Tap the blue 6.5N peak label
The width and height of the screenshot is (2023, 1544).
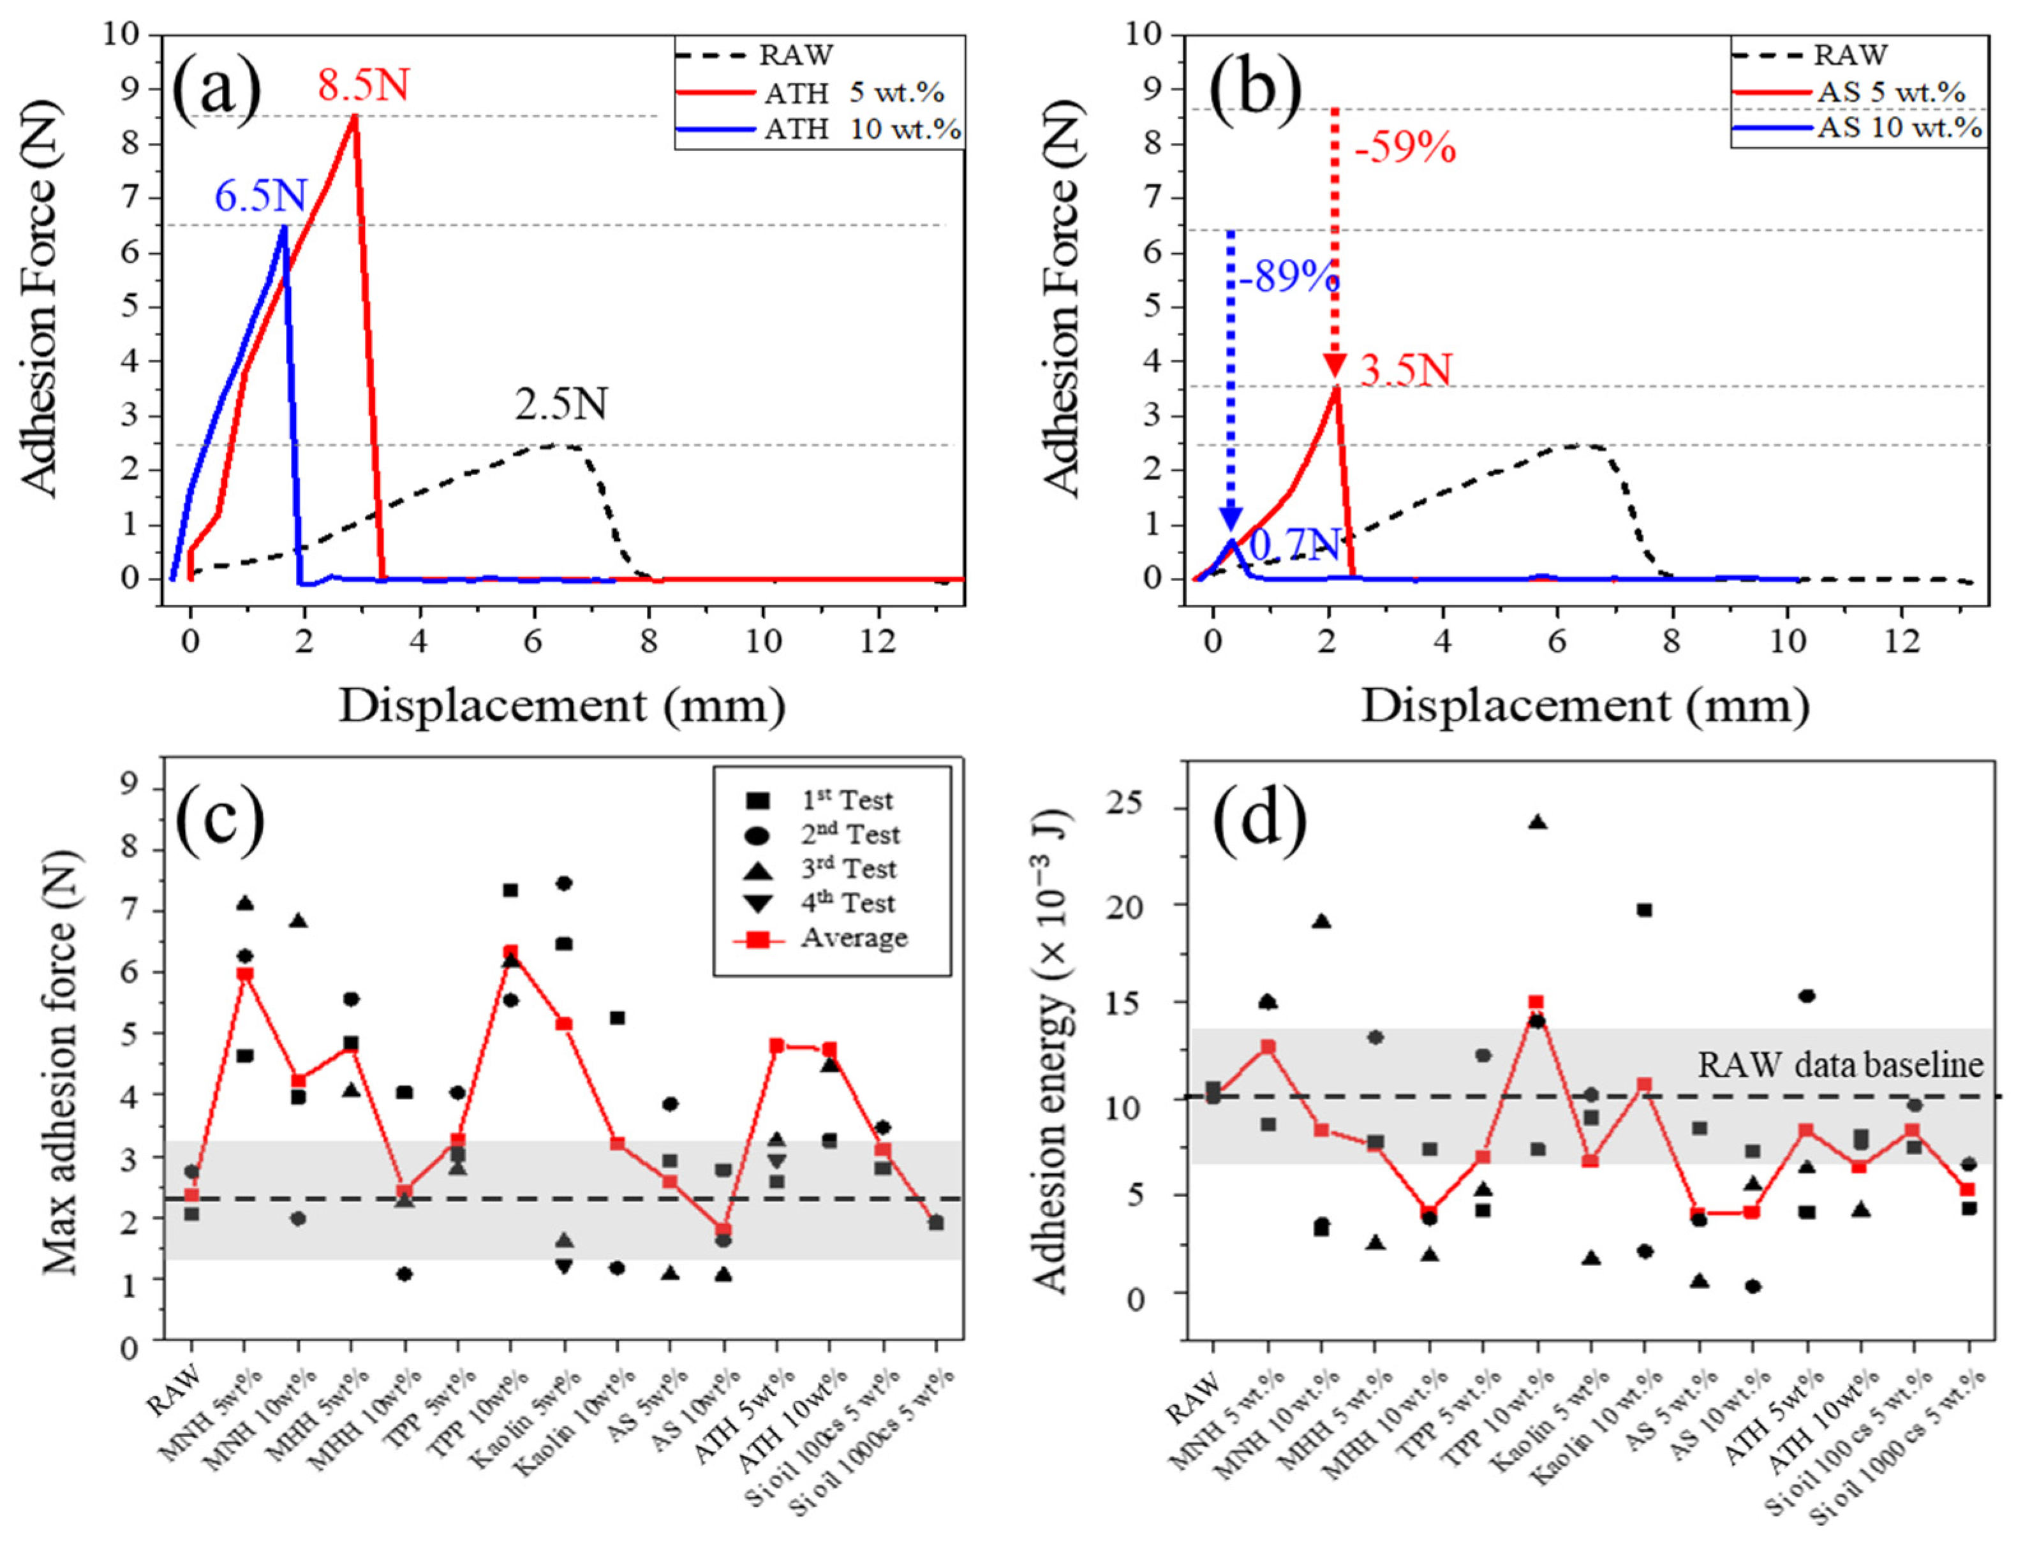261,196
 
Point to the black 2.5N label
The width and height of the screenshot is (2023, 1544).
561,404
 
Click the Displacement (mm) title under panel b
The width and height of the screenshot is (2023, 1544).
1585,706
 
